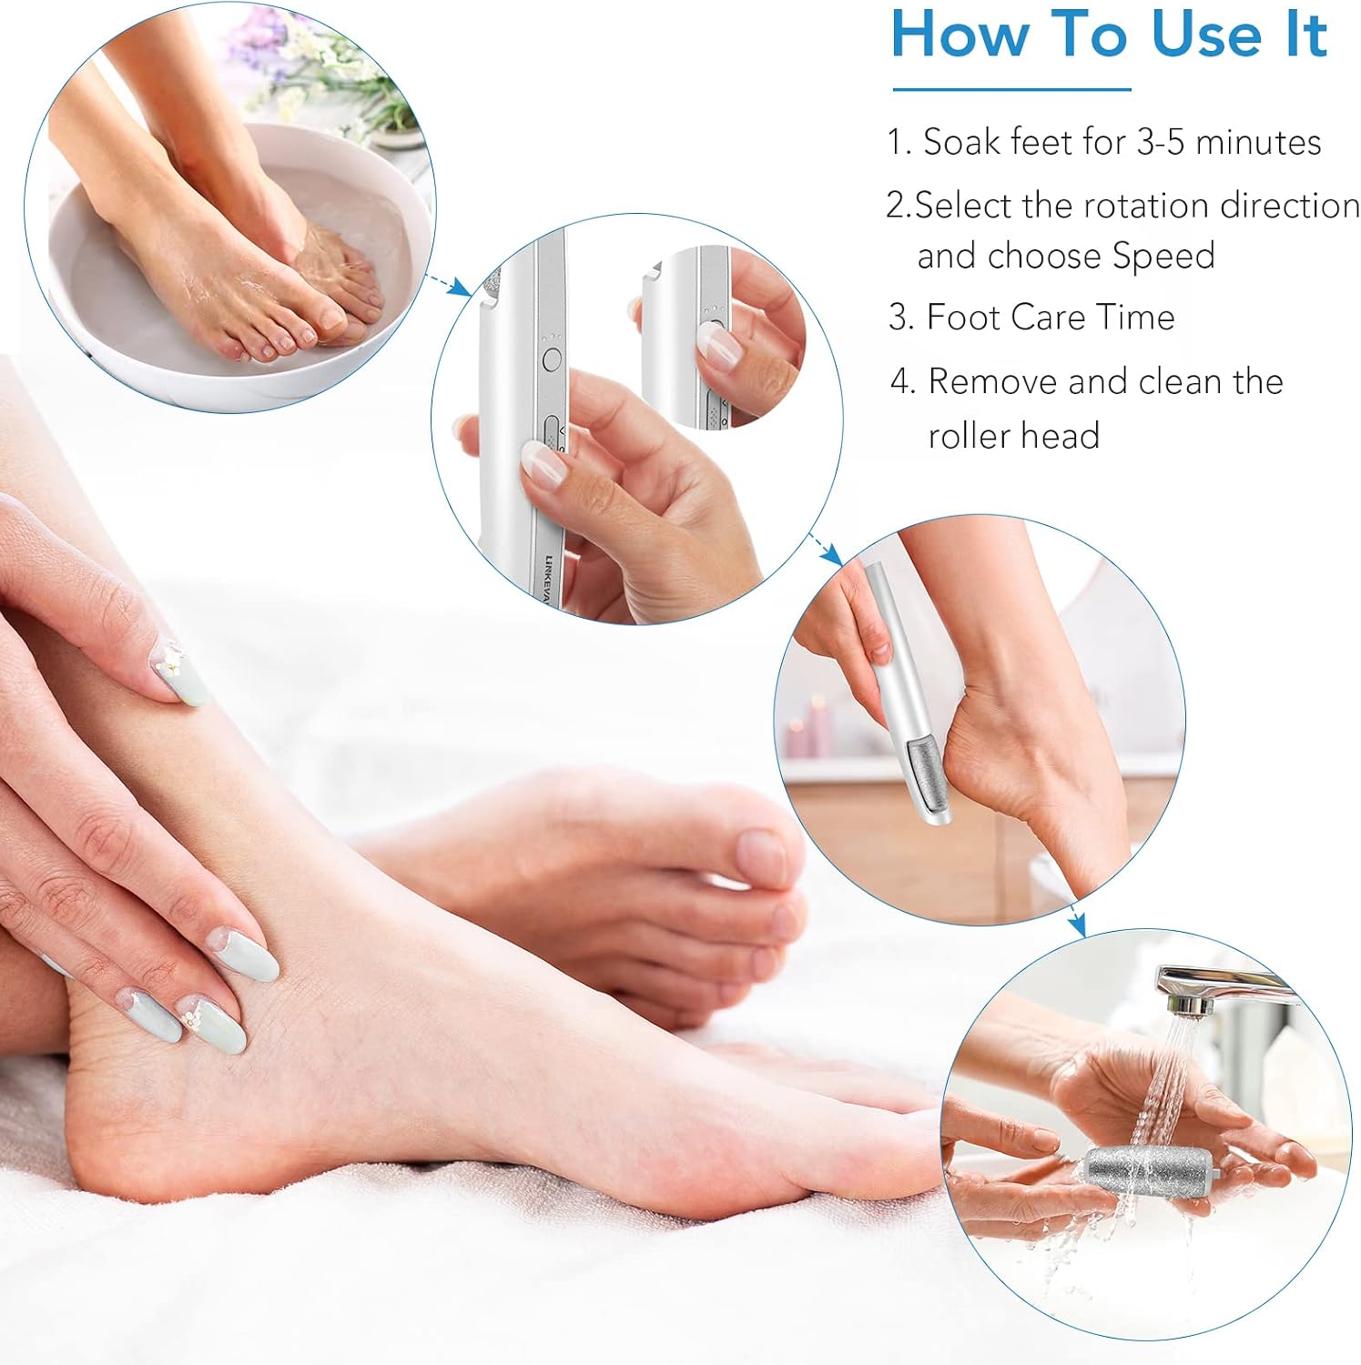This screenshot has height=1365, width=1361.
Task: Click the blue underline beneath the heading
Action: click(1011, 89)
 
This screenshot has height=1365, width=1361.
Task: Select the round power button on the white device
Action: click(551, 359)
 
